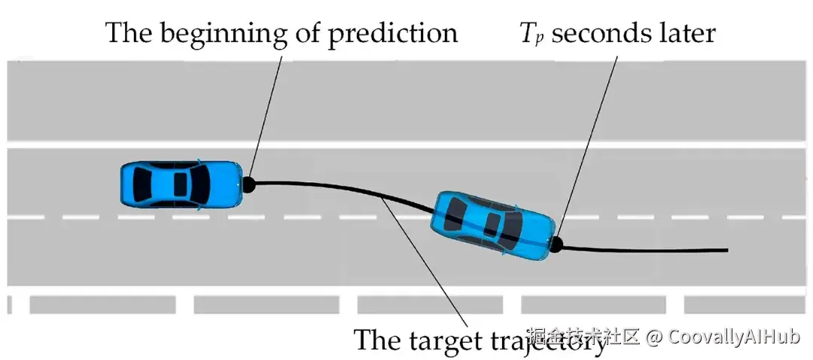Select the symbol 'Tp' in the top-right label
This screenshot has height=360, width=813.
point(532,34)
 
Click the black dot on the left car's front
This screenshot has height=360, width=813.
point(248,182)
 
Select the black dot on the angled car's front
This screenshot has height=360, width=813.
point(557,243)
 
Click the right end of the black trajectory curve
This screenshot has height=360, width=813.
point(726,249)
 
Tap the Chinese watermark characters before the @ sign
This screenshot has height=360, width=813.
point(583,336)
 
